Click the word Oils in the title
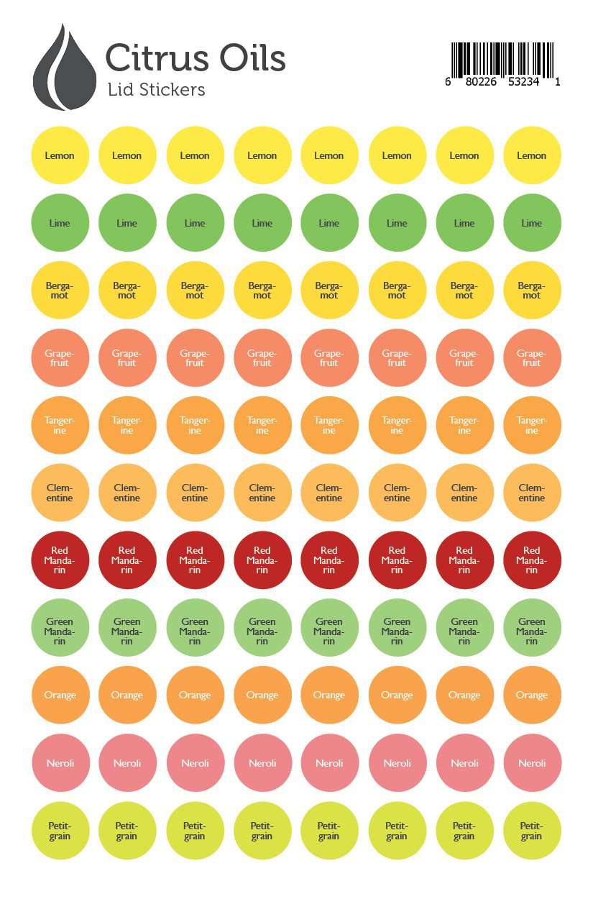252,58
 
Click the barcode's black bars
502,59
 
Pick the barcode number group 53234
525,82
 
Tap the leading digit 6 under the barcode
448,82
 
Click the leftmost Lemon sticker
60,155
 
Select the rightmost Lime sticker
532,223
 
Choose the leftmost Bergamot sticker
60,291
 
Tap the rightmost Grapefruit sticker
532,358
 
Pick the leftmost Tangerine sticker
60,426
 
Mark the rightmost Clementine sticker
532,493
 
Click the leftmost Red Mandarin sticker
60,560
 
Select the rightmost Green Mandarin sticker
532,628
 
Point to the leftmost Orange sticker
60,695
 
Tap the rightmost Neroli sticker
532,763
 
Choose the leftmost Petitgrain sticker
60,831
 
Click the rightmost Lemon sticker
532,155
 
